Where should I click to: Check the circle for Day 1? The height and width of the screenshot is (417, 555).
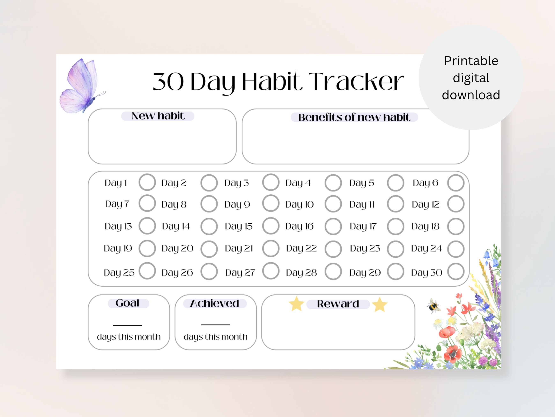point(147,182)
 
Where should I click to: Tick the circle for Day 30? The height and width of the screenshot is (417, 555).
point(456,271)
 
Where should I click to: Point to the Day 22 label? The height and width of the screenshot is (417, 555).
point(301,249)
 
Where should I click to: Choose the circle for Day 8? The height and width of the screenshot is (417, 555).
point(209,204)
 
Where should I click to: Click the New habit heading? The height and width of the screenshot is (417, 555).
point(158,116)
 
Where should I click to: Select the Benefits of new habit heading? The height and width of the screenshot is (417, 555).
point(354,117)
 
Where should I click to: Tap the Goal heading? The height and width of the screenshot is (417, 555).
point(127,303)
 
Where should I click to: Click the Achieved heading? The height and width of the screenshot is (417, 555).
point(215,303)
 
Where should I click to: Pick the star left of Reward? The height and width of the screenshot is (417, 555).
point(296,304)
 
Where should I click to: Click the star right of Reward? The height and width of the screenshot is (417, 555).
point(380,304)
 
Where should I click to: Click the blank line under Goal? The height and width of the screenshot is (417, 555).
point(127,325)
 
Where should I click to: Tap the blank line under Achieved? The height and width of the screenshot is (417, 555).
point(216,325)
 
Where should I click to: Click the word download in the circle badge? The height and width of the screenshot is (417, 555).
point(471,95)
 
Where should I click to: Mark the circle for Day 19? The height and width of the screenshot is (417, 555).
point(147,248)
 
